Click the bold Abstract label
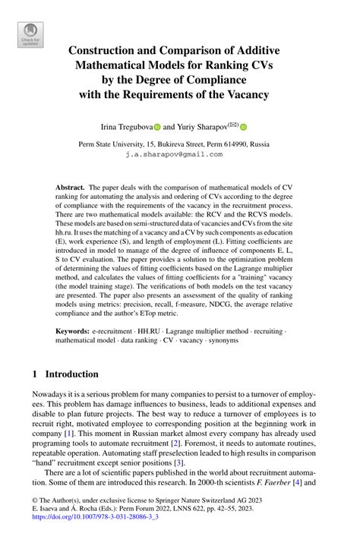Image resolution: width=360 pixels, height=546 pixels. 71,186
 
